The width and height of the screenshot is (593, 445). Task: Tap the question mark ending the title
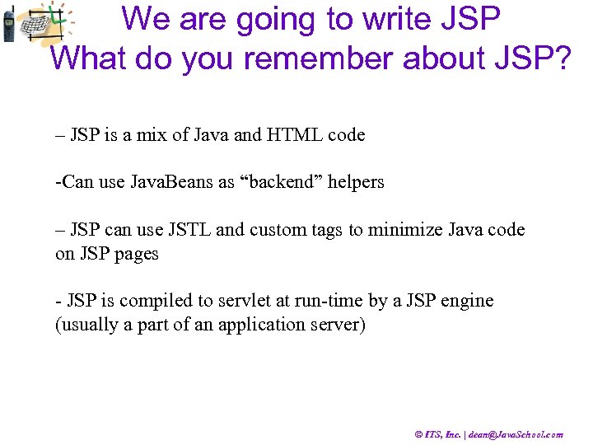560,58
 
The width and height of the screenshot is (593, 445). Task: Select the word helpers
356,182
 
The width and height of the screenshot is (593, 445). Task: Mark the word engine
466,301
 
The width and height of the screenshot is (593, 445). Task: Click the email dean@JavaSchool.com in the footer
517,434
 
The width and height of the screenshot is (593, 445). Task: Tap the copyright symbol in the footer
419,434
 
